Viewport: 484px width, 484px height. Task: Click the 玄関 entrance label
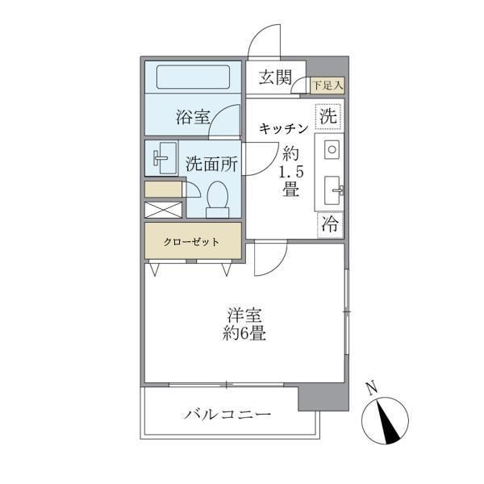click(x=275, y=77)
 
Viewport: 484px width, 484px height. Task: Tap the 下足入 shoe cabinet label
click(x=328, y=83)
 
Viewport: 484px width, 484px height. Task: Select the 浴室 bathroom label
click(x=193, y=118)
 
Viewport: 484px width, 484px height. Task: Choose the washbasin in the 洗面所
click(x=164, y=157)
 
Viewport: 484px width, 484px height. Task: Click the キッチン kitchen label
click(x=283, y=128)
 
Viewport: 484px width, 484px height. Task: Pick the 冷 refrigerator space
click(x=330, y=225)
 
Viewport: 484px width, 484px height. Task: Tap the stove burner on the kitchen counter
click(x=331, y=149)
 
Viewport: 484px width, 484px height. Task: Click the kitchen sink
click(x=332, y=191)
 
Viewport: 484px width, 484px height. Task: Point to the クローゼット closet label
click(x=193, y=241)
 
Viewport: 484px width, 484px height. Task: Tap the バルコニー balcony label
click(x=227, y=415)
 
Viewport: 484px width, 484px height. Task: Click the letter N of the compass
click(x=371, y=389)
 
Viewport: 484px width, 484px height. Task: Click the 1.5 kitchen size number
click(x=290, y=172)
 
